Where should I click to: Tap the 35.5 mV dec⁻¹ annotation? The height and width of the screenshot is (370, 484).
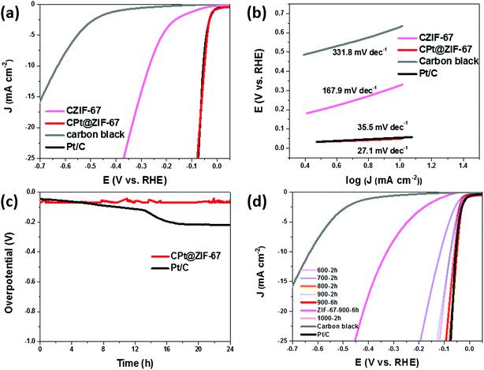[384, 125]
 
